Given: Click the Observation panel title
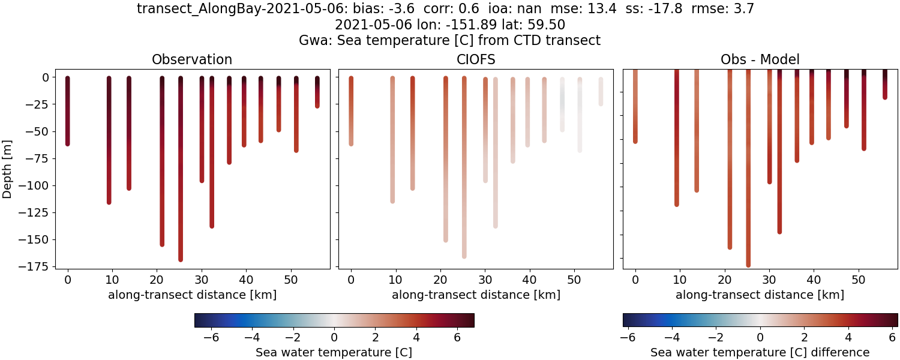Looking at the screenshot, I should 192,59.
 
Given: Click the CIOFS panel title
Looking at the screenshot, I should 476,59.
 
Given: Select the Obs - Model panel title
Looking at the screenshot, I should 760,59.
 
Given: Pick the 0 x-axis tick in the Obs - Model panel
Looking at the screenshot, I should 635,279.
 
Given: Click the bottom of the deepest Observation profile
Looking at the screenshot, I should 181,259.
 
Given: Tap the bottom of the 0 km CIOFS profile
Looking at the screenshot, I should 351,143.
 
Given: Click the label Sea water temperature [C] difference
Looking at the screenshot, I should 760,352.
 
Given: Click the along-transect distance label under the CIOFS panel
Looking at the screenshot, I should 476,295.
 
